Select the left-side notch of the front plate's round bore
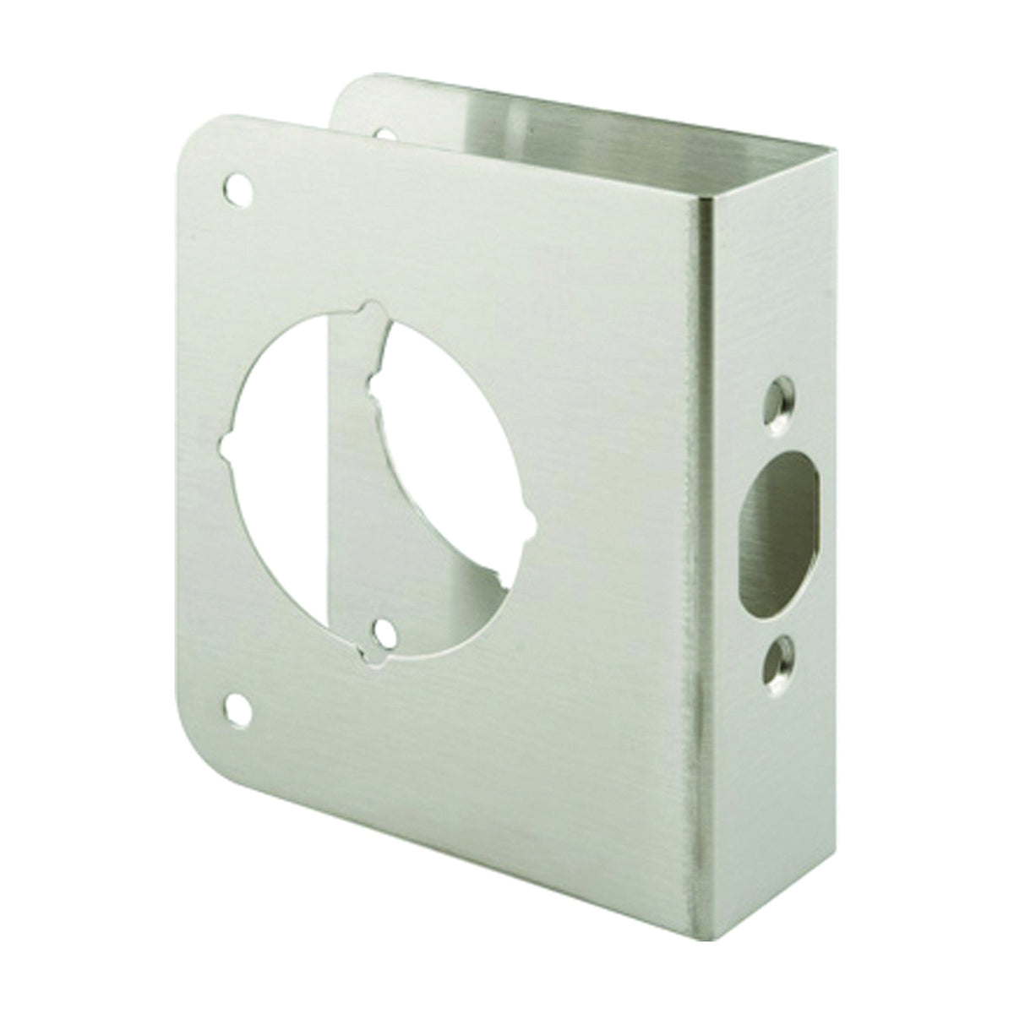[226, 444]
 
